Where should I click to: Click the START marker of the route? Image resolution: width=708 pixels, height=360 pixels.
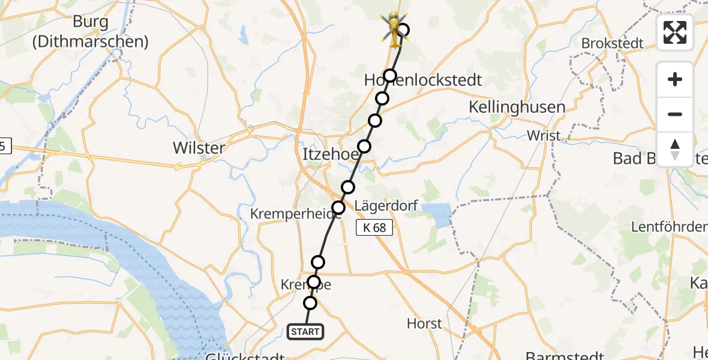(305, 332)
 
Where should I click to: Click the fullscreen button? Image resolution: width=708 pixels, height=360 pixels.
(675, 32)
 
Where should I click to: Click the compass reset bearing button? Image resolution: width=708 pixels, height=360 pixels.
(675, 149)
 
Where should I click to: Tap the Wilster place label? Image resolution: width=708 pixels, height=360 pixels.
(199, 148)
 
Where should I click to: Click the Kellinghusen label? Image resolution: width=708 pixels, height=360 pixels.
(517, 107)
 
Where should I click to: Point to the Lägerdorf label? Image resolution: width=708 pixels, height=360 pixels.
(386, 206)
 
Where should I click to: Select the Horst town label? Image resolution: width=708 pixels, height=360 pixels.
(424, 323)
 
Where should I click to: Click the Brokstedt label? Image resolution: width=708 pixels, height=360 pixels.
(612, 43)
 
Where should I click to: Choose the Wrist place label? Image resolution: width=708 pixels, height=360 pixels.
(544, 136)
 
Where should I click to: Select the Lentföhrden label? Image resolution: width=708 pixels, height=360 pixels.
(669, 227)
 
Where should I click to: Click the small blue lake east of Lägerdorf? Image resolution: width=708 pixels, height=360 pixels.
(437, 215)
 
